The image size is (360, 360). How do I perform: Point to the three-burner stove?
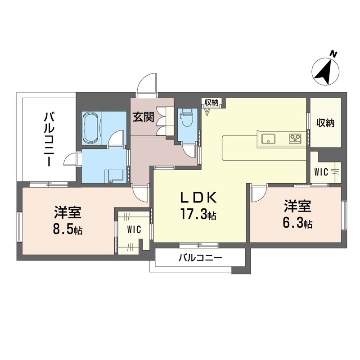(x=295, y=139)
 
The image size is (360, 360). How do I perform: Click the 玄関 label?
(x=143, y=117)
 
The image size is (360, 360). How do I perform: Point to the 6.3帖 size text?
(x=297, y=223)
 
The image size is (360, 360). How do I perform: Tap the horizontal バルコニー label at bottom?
(x=200, y=258)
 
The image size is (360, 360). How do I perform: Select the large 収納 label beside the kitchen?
(x=325, y=123)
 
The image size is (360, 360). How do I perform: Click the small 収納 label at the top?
(x=211, y=103)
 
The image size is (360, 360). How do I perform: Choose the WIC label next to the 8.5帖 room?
(x=134, y=229)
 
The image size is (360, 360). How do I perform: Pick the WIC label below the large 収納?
(x=321, y=172)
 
